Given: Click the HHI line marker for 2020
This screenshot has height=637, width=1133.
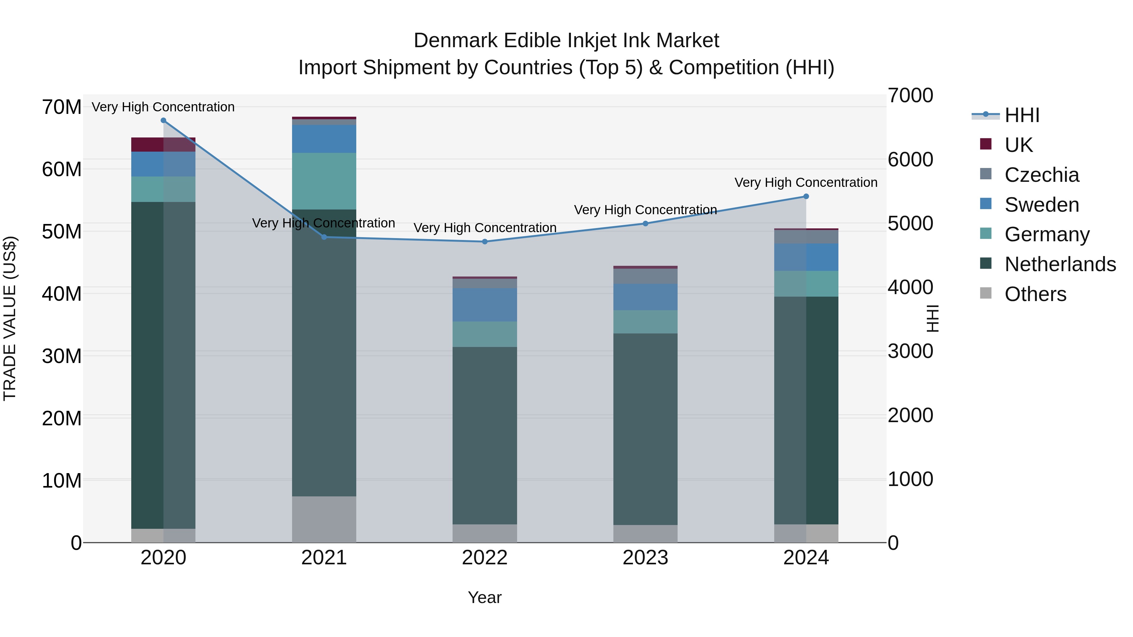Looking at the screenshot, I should coord(163,120).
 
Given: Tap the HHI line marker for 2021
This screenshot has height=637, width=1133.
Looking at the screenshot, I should coord(324,237).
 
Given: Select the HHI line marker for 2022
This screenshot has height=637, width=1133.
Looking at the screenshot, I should coord(485,241).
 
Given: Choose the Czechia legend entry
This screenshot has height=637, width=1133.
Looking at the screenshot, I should coord(1041,175).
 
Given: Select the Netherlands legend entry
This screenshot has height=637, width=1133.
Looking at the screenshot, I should coord(1060,264).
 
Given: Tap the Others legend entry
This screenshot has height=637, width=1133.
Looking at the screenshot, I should coord(1035,294).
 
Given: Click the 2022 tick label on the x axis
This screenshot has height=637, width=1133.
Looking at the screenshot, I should coord(485,558).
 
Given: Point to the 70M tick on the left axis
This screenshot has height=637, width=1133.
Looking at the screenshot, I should coord(62,107).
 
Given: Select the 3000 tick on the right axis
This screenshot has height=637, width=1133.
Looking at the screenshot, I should coord(910,351).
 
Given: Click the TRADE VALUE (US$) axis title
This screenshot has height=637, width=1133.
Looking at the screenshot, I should coord(10,318).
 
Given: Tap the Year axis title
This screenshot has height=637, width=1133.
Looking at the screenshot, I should coord(485,597).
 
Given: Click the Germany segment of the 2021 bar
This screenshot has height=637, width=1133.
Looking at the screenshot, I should coord(324,181).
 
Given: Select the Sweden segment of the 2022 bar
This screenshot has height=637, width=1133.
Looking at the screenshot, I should coord(485,305).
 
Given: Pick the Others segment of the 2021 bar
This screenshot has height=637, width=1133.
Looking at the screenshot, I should coord(324,519).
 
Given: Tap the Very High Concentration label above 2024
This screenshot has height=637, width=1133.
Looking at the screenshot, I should coord(806,182).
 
